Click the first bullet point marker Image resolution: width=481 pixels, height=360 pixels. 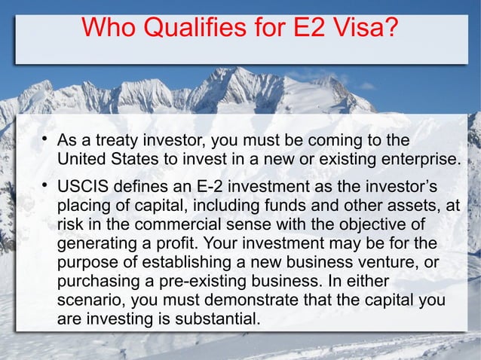[x=45, y=139]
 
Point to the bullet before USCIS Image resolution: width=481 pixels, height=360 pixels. [x=45, y=185]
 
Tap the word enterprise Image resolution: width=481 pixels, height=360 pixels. [x=421, y=160]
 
